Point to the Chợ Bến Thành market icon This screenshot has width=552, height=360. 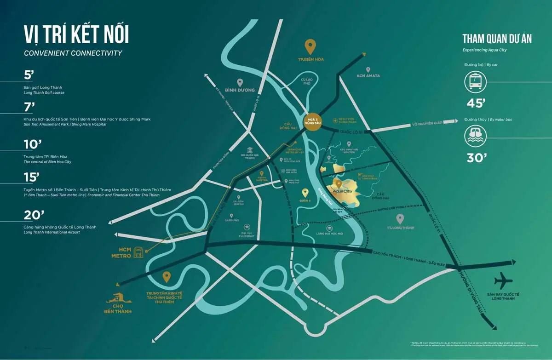[119, 299]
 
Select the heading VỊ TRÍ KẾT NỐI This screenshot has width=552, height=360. [76, 35]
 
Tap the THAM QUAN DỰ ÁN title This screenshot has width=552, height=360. [497, 39]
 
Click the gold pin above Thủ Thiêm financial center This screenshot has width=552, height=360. [167, 277]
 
